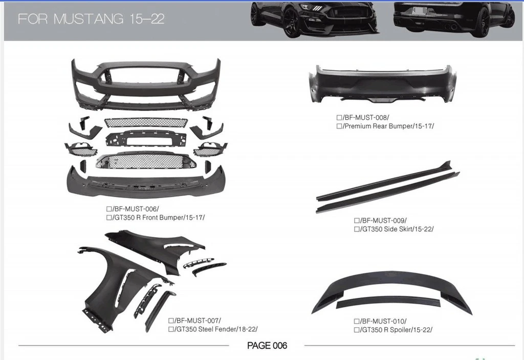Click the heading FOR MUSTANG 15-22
[x=91, y=19]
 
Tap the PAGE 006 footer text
[x=267, y=346]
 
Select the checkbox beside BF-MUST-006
[x=109, y=209]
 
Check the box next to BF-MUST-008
[x=339, y=117]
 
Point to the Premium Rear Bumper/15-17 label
[x=388, y=126]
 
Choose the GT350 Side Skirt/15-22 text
[x=397, y=229]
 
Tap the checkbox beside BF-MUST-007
[x=171, y=321]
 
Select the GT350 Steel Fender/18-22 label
[x=216, y=329]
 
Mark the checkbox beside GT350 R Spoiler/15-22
[x=357, y=330]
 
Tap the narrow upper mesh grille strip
[x=146, y=122]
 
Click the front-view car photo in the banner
[x=315, y=19]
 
